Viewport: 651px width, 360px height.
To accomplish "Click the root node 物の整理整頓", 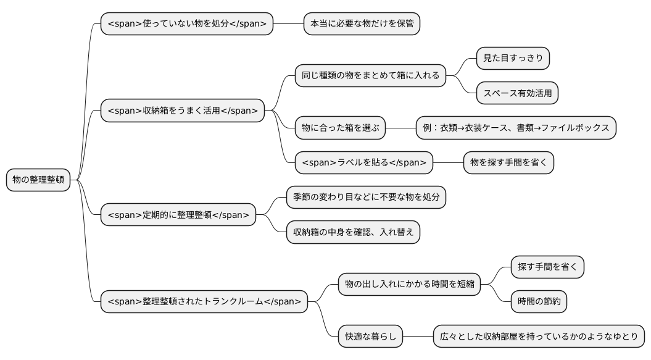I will [x=38, y=180].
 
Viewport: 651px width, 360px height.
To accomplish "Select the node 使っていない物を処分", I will [x=186, y=24].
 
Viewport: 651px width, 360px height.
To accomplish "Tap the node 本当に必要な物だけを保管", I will [x=362, y=24].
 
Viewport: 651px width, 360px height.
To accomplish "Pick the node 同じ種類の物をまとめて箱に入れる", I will [x=370, y=76].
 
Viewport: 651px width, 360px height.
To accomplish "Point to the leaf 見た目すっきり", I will [x=513, y=59].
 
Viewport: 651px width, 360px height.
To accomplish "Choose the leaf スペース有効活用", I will [x=517, y=93].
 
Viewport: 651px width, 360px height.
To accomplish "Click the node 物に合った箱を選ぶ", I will [x=340, y=128].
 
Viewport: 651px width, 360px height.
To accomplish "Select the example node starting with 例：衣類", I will [x=516, y=128].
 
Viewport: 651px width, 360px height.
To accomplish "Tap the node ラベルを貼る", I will [x=363, y=162].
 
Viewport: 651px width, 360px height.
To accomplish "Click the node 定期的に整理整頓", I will [x=178, y=214].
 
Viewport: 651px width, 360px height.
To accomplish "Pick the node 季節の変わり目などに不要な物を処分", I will [x=366, y=197].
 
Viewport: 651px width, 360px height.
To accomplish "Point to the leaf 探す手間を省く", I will [x=547, y=266].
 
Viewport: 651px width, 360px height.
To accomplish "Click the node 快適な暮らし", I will [x=370, y=337].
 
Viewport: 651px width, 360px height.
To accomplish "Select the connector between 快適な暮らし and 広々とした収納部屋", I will [x=418, y=337].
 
